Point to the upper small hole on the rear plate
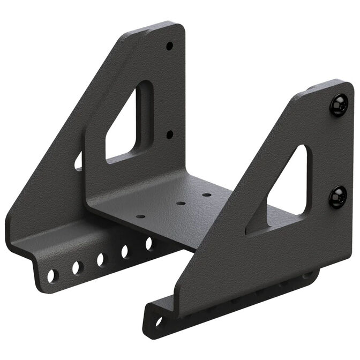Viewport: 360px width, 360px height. [169, 46]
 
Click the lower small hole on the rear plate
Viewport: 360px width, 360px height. [169, 134]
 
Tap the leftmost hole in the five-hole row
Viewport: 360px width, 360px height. [52, 275]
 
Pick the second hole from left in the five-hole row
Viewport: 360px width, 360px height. [77, 267]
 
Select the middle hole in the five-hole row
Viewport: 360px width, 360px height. [101, 259]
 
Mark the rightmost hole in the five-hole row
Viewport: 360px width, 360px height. [149, 243]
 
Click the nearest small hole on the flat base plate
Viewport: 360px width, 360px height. [140, 217]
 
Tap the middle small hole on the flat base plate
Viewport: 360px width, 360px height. [181, 204]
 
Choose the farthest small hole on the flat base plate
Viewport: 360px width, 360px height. [206, 194]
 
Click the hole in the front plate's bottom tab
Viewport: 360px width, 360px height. [158, 322]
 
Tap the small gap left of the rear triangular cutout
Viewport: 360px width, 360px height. [79, 161]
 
